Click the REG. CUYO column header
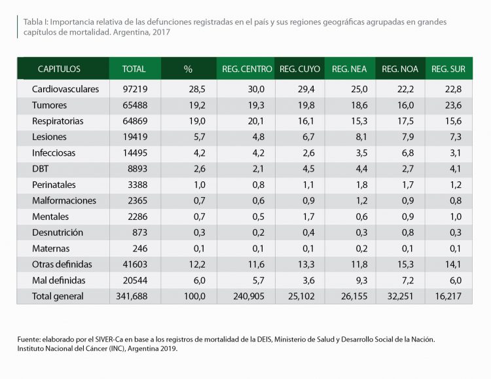pyautogui.click(x=299, y=69)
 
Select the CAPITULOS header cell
pyautogui.click(x=59, y=69)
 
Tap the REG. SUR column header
pyautogui.click(x=448, y=69)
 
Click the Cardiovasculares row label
pyautogui.click(x=65, y=89)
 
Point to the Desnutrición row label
pyautogui.click(x=58, y=232)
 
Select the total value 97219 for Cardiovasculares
pyautogui.click(x=134, y=89)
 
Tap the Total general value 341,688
pyautogui.click(x=134, y=297)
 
